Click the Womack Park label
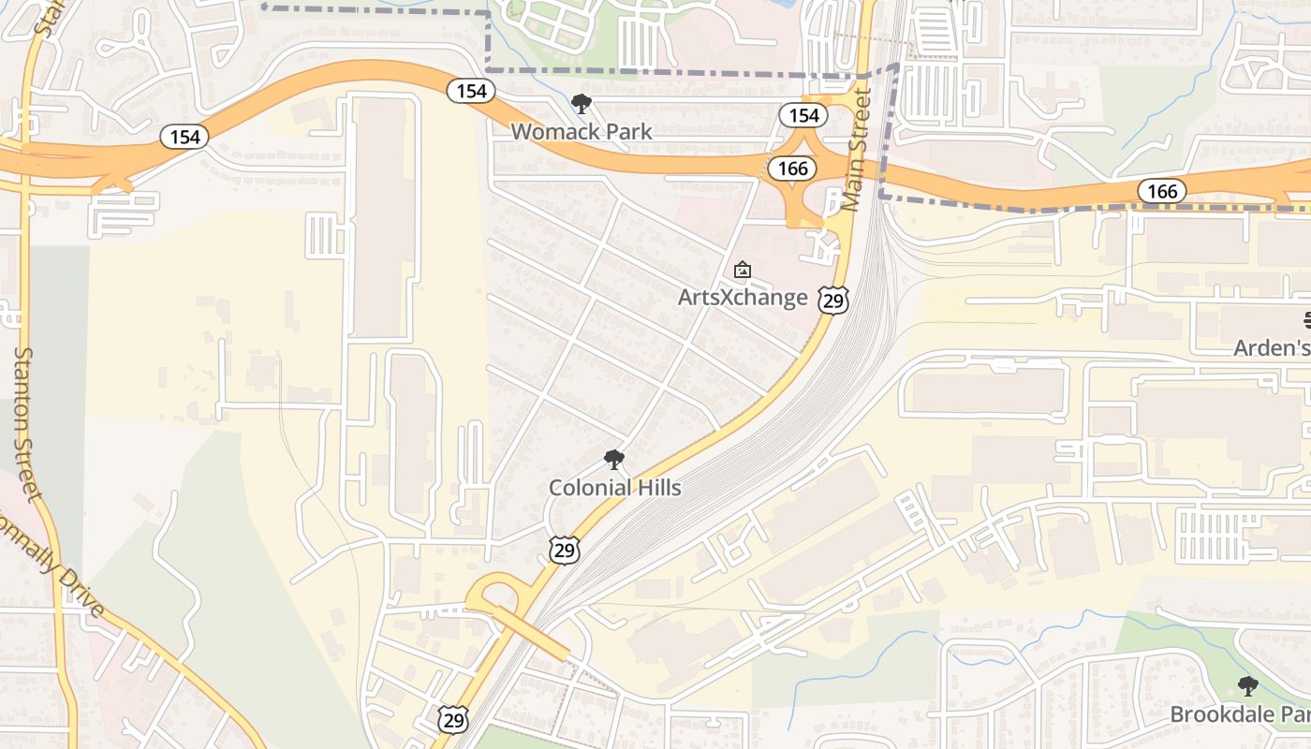[581, 131]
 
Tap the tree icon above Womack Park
[582, 104]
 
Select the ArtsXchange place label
[743, 298]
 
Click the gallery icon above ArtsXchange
[743, 271]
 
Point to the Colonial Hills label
[614, 487]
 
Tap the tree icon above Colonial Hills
[614, 460]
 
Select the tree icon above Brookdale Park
[1247, 686]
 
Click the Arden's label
[1272, 347]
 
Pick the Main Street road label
[855, 150]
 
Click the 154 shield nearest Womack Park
[471, 91]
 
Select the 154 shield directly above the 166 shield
[803, 115]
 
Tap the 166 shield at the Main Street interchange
[791, 169]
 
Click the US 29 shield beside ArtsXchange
[832, 300]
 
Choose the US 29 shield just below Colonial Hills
[564, 550]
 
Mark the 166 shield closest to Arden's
[1162, 192]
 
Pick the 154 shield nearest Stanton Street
[184, 137]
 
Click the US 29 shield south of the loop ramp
[452, 719]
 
